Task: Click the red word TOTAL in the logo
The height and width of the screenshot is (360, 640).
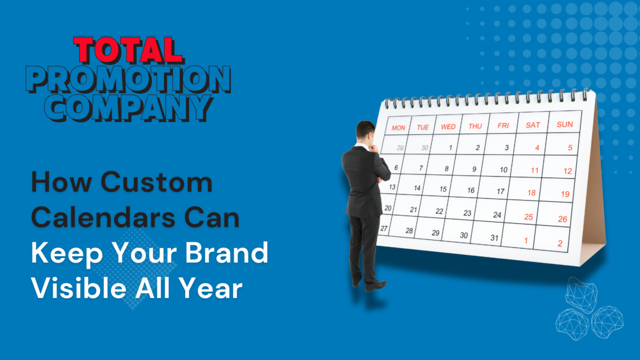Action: pyautogui.click(x=128, y=51)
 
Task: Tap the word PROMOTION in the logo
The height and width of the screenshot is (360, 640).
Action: pyautogui.click(x=128, y=79)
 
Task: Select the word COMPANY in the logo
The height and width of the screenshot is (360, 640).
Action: pyautogui.click(x=129, y=107)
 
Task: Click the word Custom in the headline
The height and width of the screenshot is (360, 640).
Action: pyautogui.click(x=156, y=182)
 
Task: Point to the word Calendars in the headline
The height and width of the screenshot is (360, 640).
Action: pyautogui.click(x=104, y=217)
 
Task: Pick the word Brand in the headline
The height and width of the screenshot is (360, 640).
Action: pyautogui.click(x=226, y=252)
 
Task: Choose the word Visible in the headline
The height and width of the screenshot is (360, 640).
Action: pyautogui.click(x=80, y=287)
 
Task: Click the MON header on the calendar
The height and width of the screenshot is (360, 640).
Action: pyautogui.click(x=398, y=127)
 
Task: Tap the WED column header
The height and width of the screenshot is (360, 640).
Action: pyautogui.click(x=448, y=127)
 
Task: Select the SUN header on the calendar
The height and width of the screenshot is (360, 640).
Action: pyautogui.click(x=565, y=124)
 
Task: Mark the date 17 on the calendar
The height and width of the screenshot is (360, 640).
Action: pyautogui.click(x=501, y=191)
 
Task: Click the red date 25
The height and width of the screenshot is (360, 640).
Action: pyautogui.click(x=529, y=217)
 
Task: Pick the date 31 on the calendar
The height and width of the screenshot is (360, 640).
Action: pyautogui.click(x=494, y=237)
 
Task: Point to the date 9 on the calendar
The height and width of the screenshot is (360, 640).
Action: pyautogui.click(x=474, y=169)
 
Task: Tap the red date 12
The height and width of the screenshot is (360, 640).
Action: pyautogui.click(x=567, y=171)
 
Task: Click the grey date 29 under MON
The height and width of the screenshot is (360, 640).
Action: pyautogui.click(x=400, y=147)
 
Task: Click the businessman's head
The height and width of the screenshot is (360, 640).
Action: pyautogui.click(x=365, y=131)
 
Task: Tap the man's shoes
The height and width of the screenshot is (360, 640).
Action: pyautogui.click(x=369, y=284)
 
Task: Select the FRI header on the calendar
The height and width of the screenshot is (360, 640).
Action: pyautogui.click(x=503, y=126)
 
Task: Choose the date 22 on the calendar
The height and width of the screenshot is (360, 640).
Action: pyautogui.click(x=439, y=211)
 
